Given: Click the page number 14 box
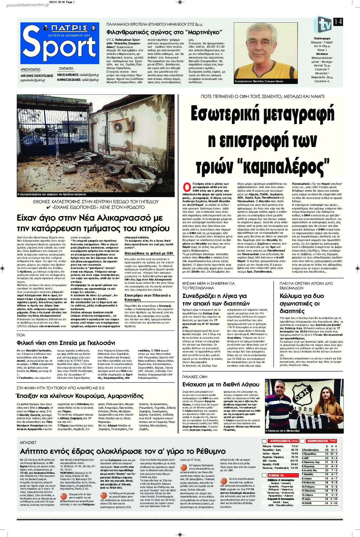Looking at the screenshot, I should coord(338,22).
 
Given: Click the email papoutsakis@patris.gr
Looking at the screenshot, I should coord(33,80).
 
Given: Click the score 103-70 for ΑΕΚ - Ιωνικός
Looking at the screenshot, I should coord(294,460).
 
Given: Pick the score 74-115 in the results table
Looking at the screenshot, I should coord(294,468).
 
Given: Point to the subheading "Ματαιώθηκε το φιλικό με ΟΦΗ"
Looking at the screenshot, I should coord(147,254).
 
